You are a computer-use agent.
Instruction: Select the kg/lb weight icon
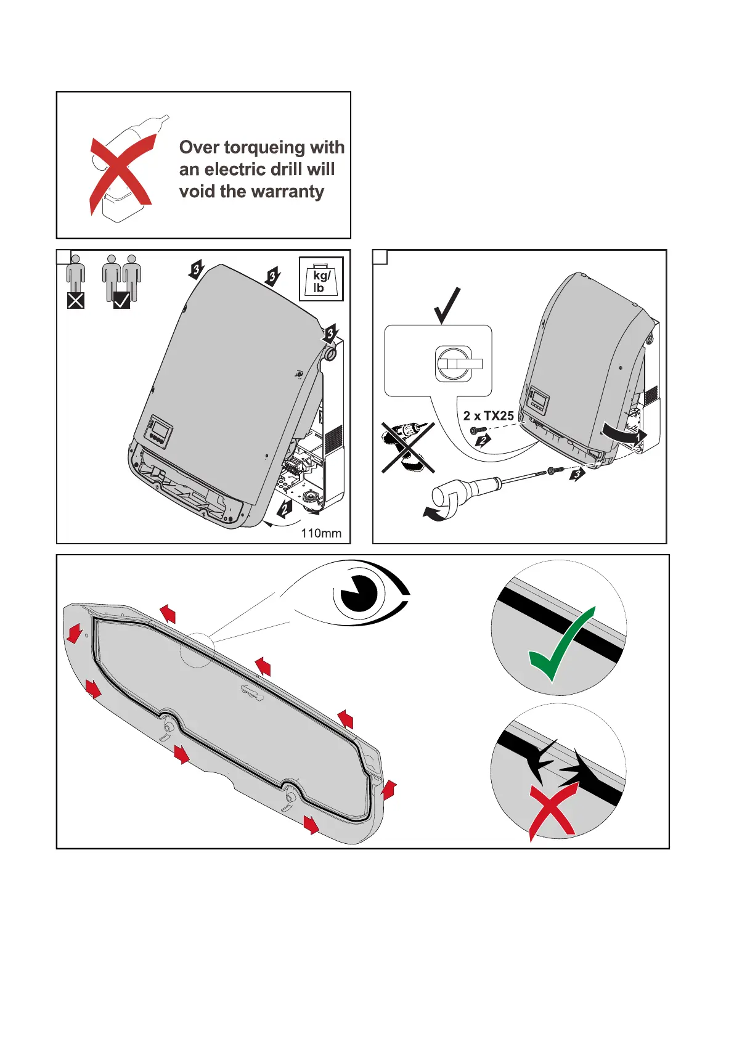click(320, 279)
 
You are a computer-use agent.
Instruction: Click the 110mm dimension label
click(321, 533)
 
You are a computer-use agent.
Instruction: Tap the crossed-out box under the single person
click(76, 301)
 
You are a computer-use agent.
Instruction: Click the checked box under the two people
click(121, 300)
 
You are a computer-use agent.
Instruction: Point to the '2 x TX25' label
click(488, 416)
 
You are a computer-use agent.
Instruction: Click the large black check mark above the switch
click(447, 305)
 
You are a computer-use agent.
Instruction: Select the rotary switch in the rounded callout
click(455, 364)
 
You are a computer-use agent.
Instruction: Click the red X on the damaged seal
click(553, 812)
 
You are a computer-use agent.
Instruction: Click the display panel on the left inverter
click(159, 430)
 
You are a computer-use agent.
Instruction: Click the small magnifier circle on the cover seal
click(197, 649)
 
